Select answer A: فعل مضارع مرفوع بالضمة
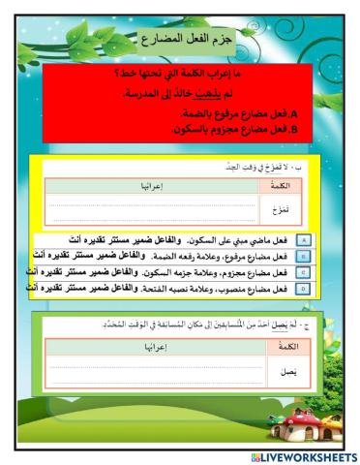[241, 113]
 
